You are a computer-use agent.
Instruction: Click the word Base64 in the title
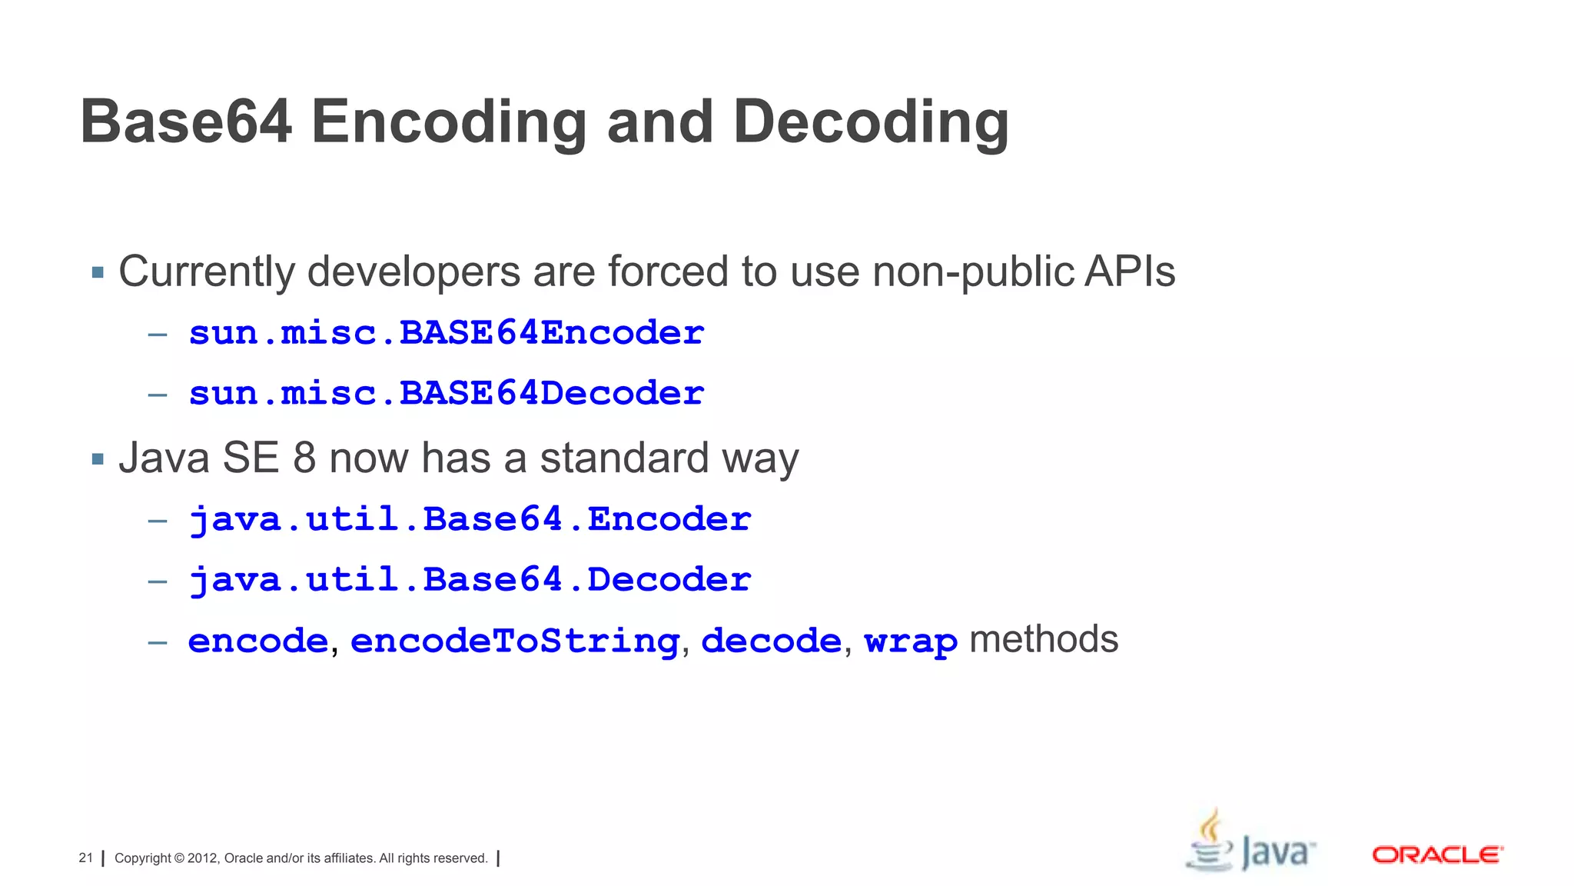(186, 122)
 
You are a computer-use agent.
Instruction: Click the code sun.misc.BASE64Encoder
(446, 333)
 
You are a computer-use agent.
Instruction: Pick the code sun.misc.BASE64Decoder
(446, 394)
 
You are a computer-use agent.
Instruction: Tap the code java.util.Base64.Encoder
(470, 520)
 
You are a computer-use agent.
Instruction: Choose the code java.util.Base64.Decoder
(470, 581)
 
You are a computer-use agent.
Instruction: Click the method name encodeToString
(515, 641)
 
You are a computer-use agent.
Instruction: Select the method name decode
(771, 641)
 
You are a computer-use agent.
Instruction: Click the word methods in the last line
(1043, 640)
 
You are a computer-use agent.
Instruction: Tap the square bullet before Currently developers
(98, 272)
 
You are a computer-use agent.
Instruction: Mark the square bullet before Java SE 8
(98, 459)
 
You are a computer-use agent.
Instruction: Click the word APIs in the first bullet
(1129, 271)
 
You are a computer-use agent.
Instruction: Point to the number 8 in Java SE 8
(304, 458)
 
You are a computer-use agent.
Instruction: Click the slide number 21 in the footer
(85, 858)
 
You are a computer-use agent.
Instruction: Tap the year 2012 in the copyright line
(203, 858)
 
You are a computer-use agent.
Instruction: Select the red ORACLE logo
(1437, 855)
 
